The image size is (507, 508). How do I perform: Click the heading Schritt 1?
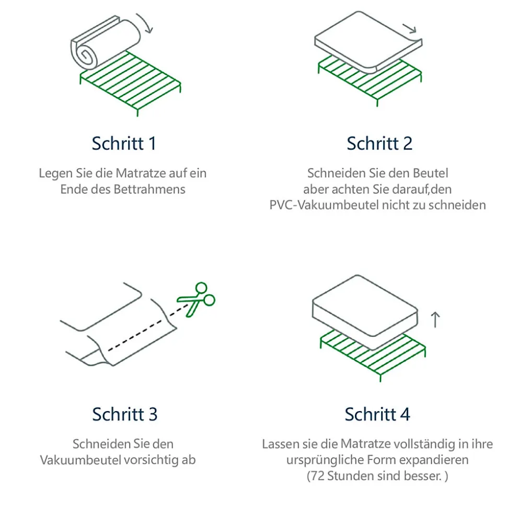(x=124, y=143)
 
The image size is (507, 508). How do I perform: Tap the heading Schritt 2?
(x=379, y=143)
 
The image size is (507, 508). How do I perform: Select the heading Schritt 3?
(x=124, y=414)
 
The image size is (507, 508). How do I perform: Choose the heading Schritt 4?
(x=377, y=414)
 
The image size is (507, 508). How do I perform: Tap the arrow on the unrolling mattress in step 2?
(x=410, y=28)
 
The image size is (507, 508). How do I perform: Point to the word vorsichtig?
(x=149, y=460)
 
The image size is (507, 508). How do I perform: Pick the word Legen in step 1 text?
(x=53, y=173)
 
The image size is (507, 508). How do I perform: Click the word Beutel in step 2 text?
(x=431, y=173)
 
